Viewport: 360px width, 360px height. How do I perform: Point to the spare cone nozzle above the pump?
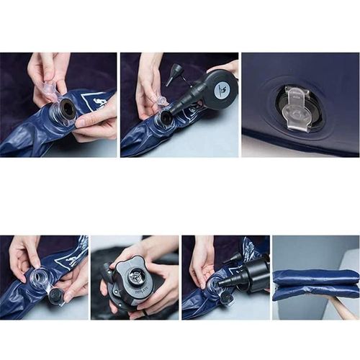(x=174, y=72)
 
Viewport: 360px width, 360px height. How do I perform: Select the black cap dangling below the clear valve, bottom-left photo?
(x=55, y=294)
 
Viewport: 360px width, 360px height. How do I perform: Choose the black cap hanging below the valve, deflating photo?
(x=225, y=297)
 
